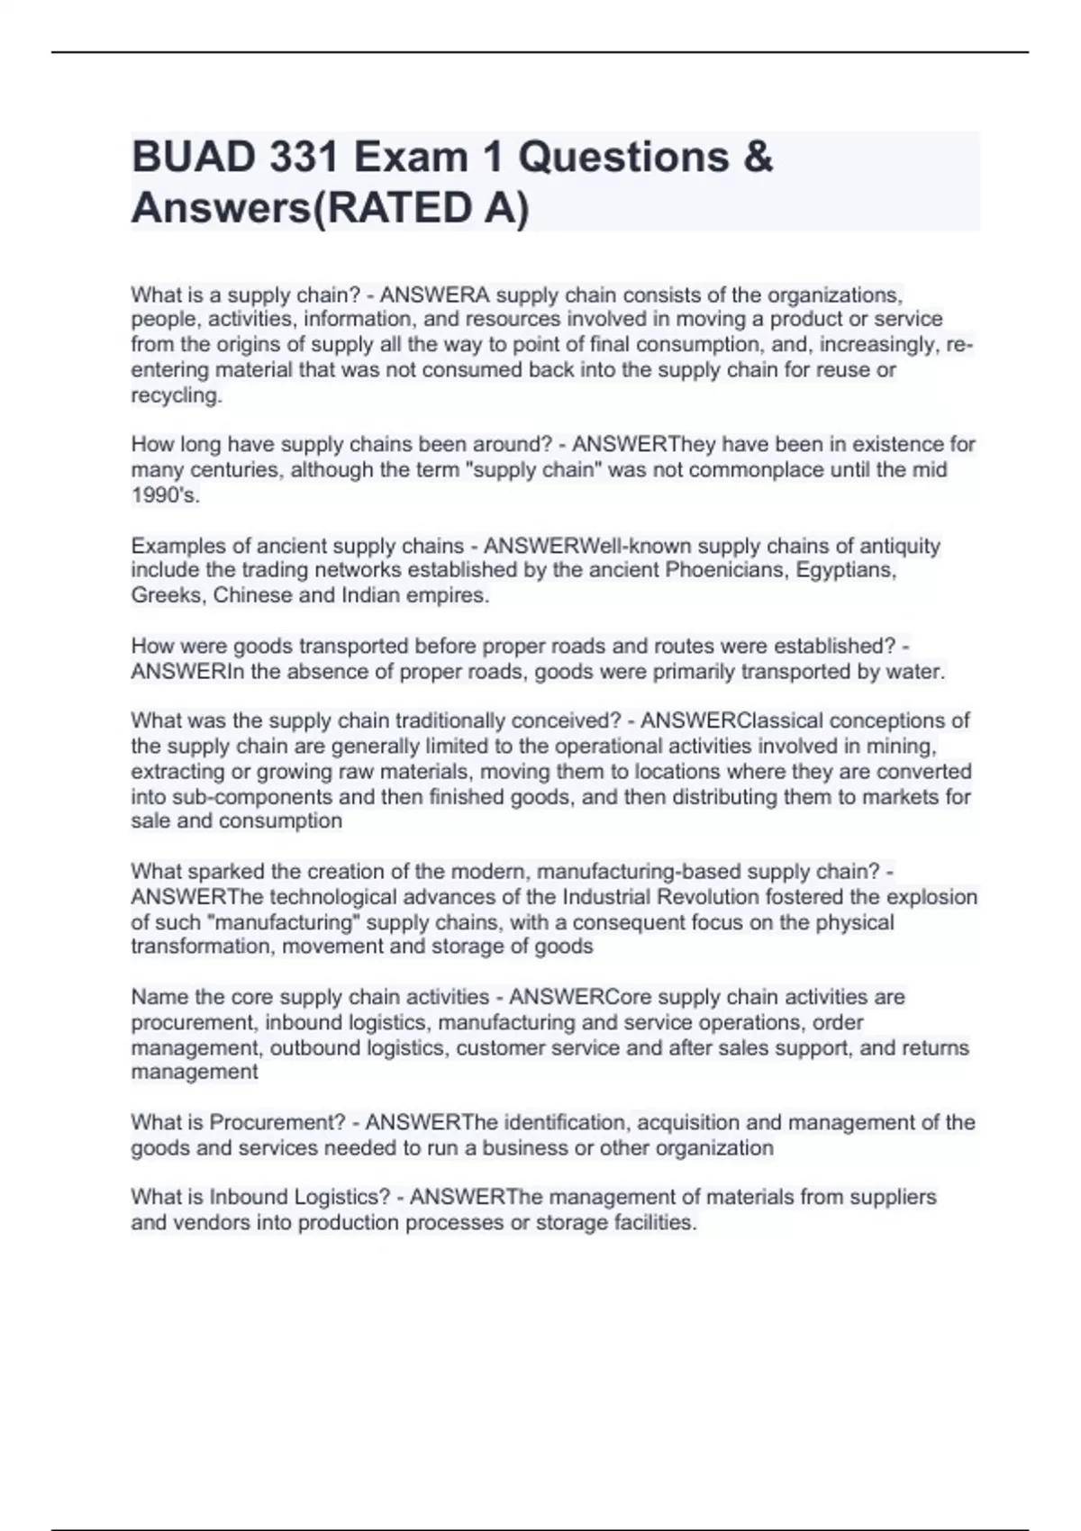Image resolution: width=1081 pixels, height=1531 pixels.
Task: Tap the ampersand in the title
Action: (759, 158)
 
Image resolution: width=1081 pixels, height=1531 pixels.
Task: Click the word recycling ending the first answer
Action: (176, 395)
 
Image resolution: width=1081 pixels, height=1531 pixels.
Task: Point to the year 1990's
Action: (166, 495)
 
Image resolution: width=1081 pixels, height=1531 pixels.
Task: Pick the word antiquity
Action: (898, 546)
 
